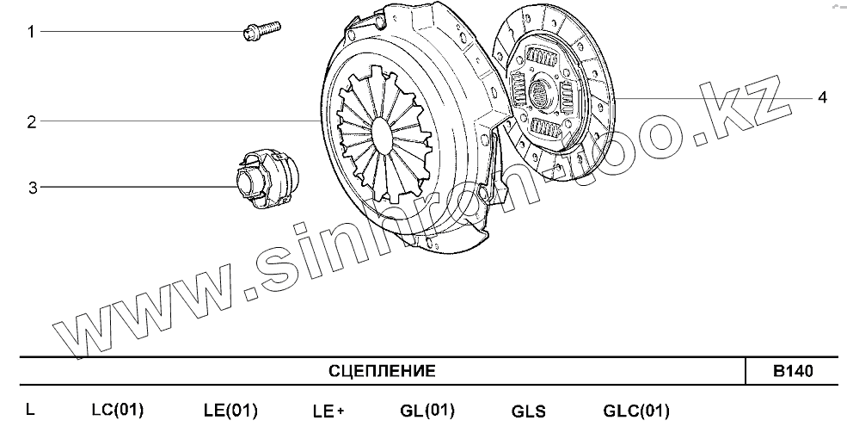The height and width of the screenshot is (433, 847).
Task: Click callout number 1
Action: (x=31, y=32)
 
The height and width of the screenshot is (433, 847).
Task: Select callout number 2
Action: (x=32, y=122)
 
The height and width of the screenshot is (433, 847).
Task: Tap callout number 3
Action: (x=33, y=188)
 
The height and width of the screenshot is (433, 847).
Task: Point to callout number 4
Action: (x=821, y=98)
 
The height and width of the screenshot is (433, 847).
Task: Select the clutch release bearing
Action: (x=267, y=178)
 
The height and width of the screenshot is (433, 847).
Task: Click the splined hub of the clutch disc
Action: (x=539, y=93)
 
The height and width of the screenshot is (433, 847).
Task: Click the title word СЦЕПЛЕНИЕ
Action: (x=382, y=371)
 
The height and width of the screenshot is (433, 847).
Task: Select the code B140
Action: (x=793, y=372)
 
